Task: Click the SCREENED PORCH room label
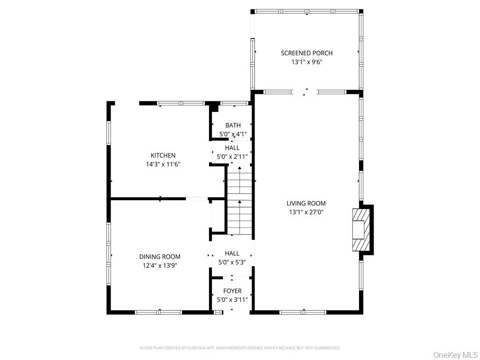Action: [x=307, y=53]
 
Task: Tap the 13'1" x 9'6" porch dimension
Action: [x=307, y=62]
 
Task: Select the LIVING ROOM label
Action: [x=306, y=203]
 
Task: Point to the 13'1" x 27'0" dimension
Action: [x=306, y=212]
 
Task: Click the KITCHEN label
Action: [x=163, y=156]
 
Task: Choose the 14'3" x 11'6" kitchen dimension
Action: [x=163, y=164]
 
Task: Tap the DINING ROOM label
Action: [x=160, y=257]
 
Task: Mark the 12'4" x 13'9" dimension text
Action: [x=160, y=265]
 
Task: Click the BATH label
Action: [x=233, y=125]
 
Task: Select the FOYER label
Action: [x=232, y=291]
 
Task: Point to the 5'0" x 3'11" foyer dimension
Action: [x=232, y=300]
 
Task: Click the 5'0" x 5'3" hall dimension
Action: [x=232, y=262]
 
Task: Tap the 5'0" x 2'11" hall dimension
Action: [x=232, y=157]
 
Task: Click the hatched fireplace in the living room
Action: [x=361, y=230]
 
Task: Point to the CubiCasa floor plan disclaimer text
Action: [x=240, y=348]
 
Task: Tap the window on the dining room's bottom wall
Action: [x=158, y=312]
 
